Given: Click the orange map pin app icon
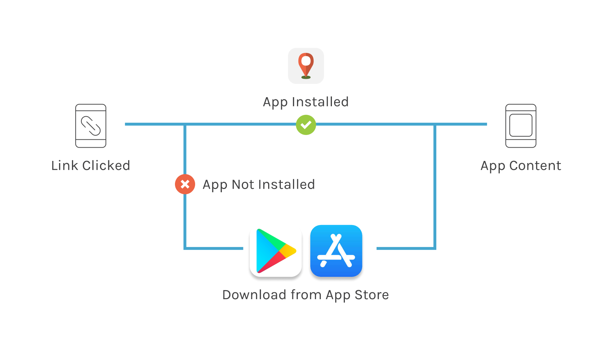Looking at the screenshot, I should click(x=306, y=66).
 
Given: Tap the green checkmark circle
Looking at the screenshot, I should click(x=306, y=125).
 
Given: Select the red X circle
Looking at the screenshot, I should click(x=185, y=184).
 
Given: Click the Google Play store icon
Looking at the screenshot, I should click(x=276, y=251).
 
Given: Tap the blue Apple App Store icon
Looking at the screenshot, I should click(x=336, y=251).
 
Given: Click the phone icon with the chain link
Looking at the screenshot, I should click(x=91, y=126).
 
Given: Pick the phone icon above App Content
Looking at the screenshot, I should click(x=521, y=126).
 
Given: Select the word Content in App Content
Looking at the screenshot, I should click(x=535, y=166).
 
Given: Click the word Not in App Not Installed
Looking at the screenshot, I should click(x=243, y=185).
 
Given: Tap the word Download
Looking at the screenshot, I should click(x=254, y=295).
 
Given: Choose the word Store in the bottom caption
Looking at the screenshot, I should click(x=372, y=295).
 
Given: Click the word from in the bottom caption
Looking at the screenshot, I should click(x=306, y=295).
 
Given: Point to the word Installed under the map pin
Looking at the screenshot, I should click(x=320, y=102).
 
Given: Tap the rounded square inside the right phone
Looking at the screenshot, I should click(x=521, y=125).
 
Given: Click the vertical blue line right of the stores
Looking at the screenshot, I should click(x=435, y=187).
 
